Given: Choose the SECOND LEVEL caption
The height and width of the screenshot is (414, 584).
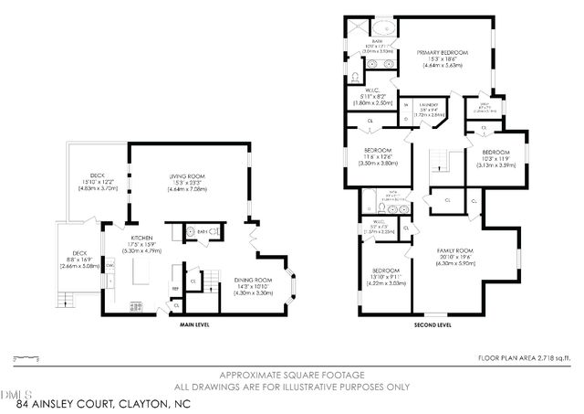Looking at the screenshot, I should coord(432,324).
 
